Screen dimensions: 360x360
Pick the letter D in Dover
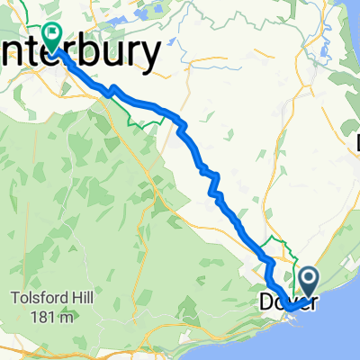(266, 301)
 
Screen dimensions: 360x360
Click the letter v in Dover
(291, 301)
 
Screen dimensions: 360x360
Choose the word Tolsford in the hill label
(42, 275)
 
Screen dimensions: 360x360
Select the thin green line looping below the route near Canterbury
(139, 122)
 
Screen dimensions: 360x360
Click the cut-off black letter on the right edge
(356, 141)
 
